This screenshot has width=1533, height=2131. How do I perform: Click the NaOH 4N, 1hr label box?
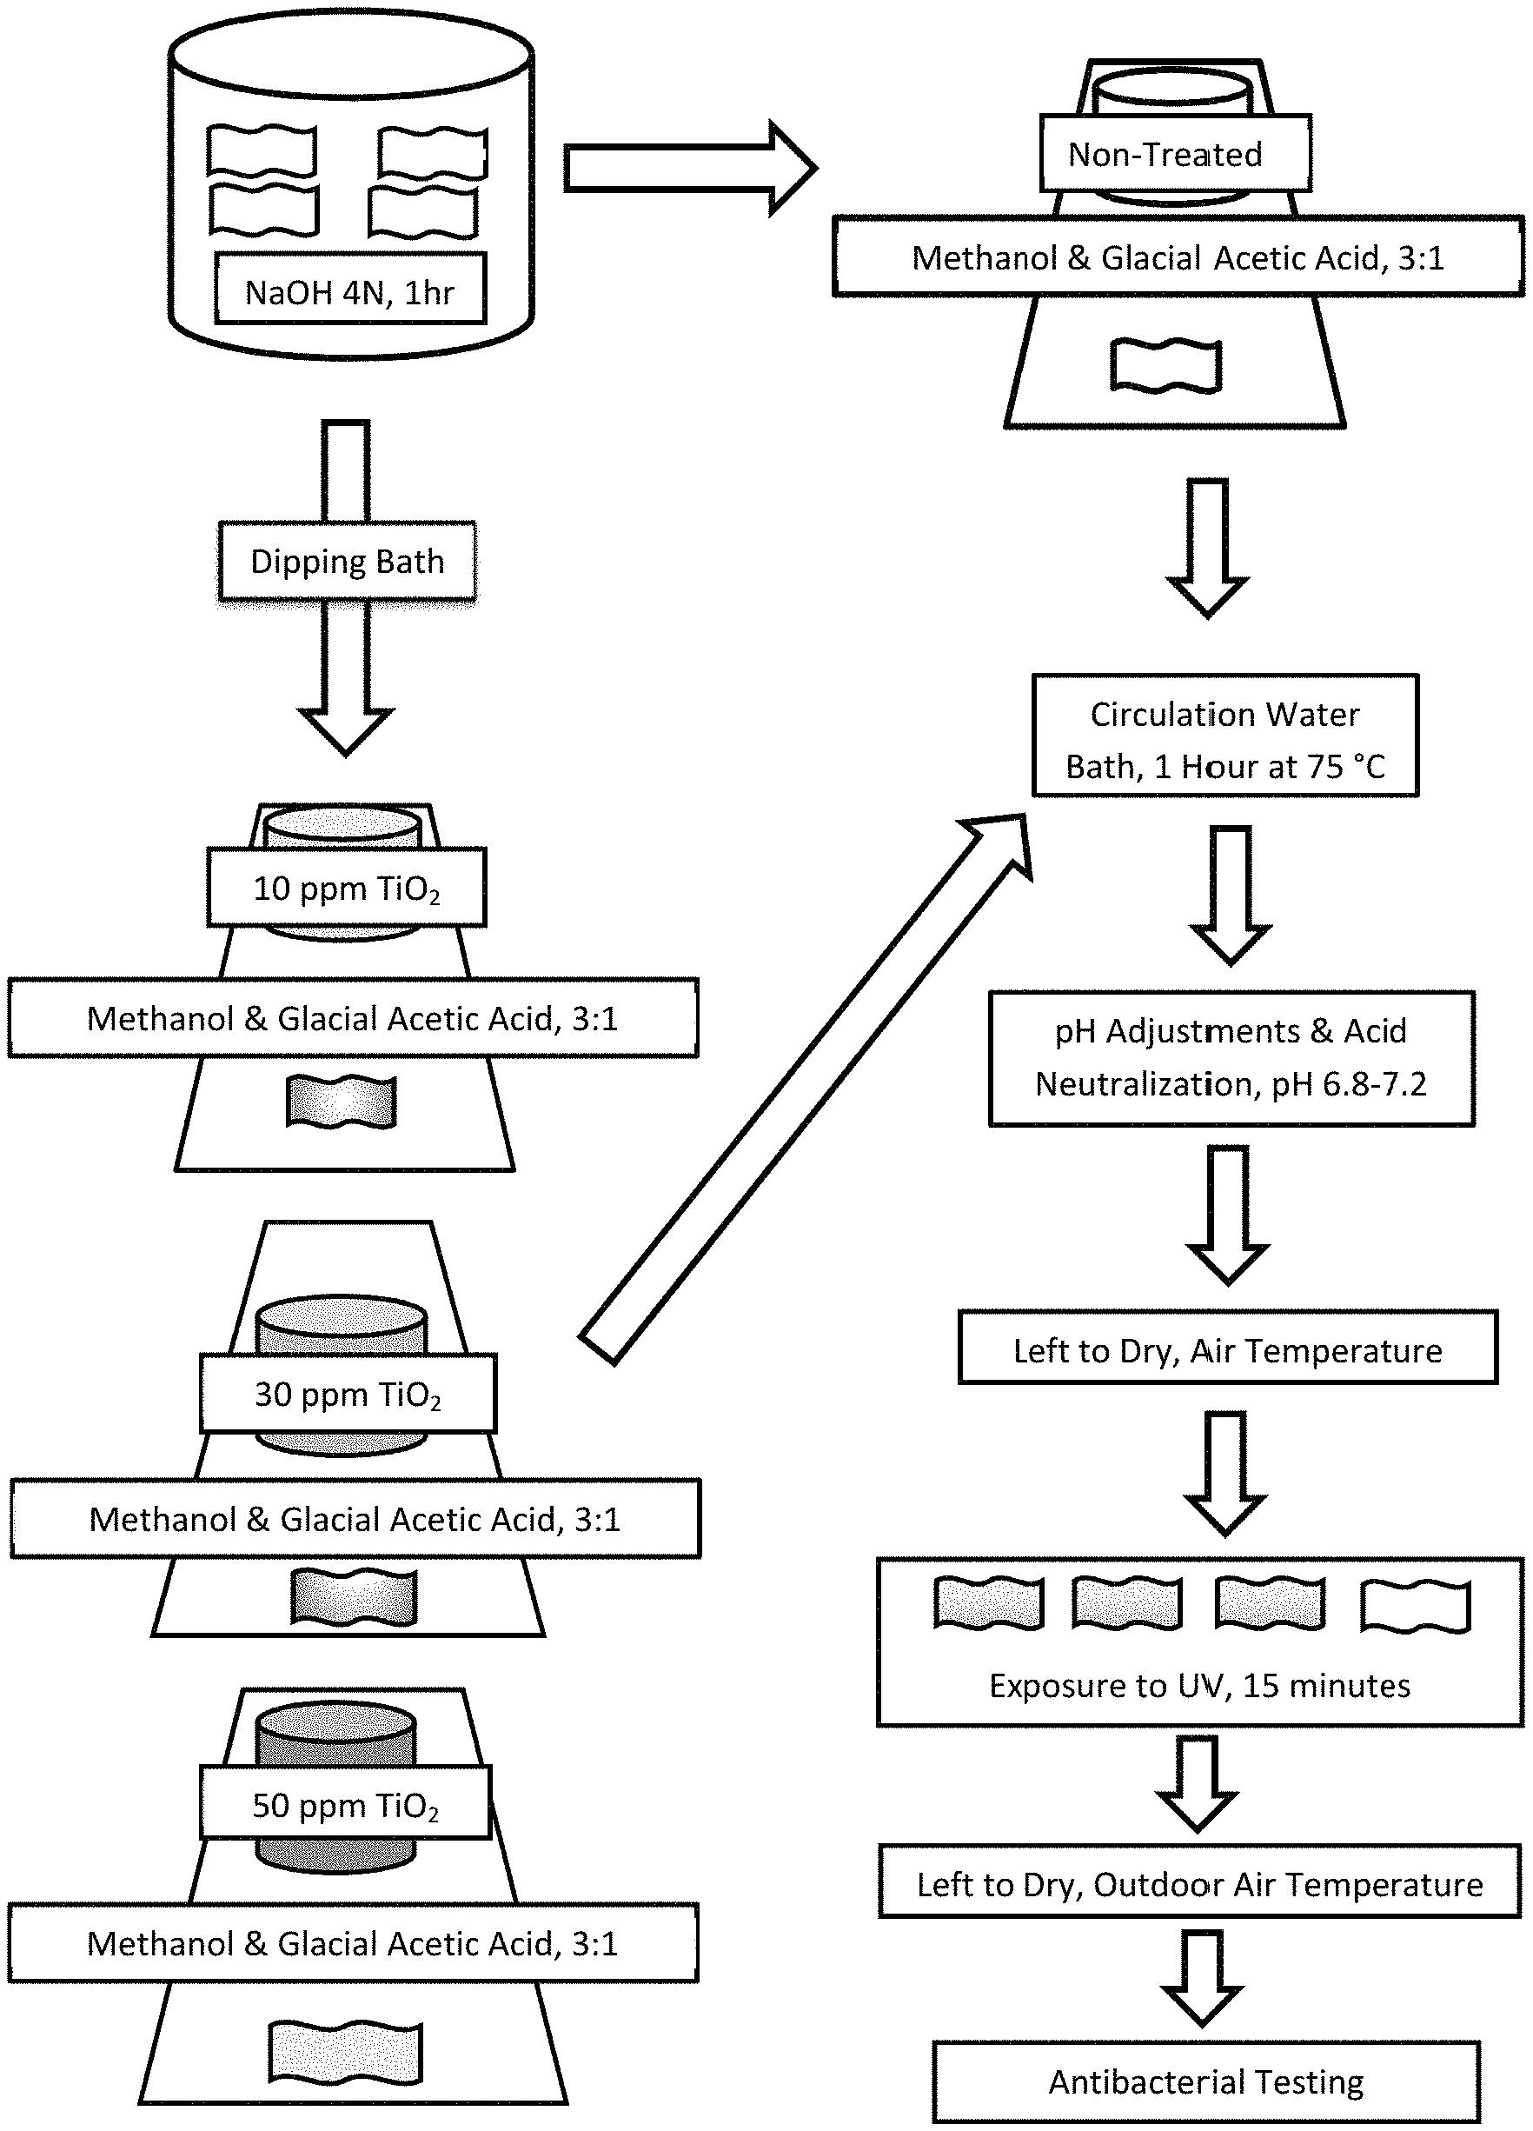pyautogui.click(x=350, y=289)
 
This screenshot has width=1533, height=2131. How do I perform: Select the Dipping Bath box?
pyautogui.click(x=347, y=561)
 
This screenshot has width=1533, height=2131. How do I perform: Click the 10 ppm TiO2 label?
pyautogui.click(x=347, y=887)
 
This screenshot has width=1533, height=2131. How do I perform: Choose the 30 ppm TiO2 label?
pyautogui.click(x=348, y=1394)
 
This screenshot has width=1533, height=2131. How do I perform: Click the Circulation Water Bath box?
pyautogui.click(x=1224, y=736)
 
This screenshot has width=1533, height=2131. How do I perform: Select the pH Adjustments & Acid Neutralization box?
pyautogui.click(x=1231, y=1058)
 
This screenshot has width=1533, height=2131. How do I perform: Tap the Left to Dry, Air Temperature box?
pyautogui.click(x=1228, y=1348)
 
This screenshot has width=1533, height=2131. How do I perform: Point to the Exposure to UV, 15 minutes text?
pyautogui.click(x=1199, y=1686)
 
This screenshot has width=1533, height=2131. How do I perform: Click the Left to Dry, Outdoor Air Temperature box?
pyautogui.click(x=1199, y=1881)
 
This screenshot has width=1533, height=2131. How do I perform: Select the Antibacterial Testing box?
pyautogui.click(x=1207, y=2082)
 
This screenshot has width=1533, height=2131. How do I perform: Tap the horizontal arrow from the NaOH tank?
pyautogui.click(x=690, y=168)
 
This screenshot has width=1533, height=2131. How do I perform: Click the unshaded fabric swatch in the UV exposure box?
pyautogui.click(x=1416, y=1606)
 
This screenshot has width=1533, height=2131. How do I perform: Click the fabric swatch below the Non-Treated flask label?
pyautogui.click(x=1166, y=364)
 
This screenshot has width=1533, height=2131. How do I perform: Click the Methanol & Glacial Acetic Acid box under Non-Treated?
pyautogui.click(x=1178, y=256)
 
